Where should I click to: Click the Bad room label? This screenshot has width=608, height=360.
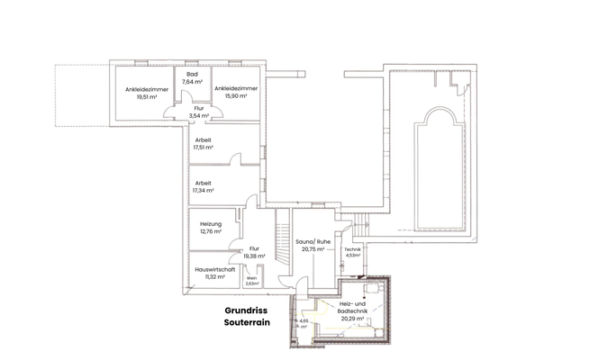click(191, 74)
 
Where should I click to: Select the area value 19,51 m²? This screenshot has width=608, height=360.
click(147, 96)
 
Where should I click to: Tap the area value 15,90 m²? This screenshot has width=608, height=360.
click(236, 96)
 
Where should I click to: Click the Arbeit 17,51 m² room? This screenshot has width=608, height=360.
click(204, 143)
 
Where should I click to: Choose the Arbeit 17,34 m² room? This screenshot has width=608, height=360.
click(204, 186)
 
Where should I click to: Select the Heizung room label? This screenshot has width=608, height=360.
click(211, 224)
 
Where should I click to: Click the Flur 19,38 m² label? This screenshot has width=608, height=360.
click(254, 252)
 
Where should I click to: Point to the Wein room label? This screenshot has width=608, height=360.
click(252, 279)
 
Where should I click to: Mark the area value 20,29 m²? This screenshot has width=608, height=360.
click(352, 319)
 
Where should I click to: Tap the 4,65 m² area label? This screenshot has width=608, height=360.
click(304, 323)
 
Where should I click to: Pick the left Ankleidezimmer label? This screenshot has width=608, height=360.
click(147, 89)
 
